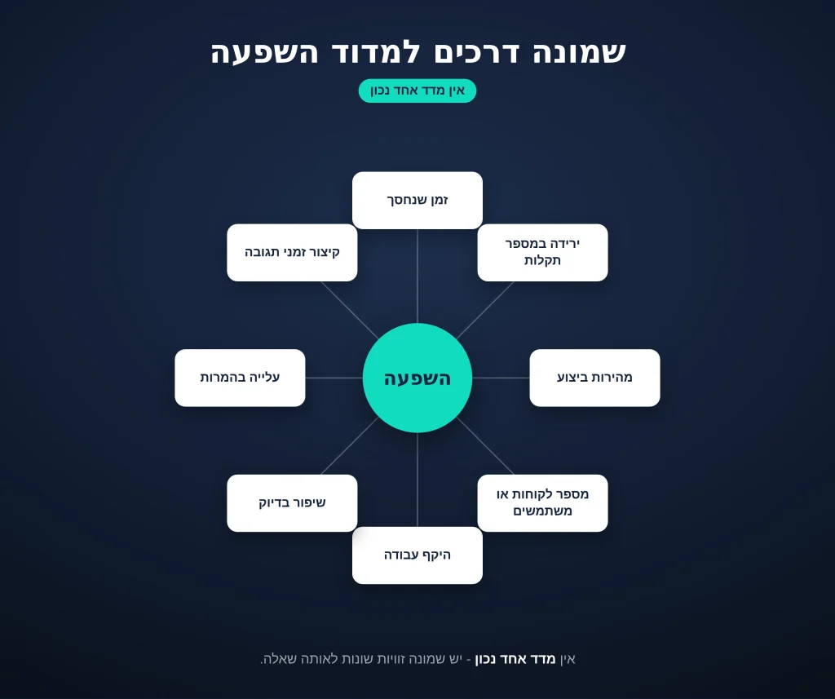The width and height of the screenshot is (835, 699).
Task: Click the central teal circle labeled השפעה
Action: click(417, 378)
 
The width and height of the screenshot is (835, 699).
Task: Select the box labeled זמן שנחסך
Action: click(417, 201)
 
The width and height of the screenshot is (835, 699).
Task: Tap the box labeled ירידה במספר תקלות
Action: click(542, 253)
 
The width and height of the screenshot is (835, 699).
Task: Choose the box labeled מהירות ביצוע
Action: click(594, 378)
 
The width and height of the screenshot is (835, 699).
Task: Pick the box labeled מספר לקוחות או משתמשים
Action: click(542, 503)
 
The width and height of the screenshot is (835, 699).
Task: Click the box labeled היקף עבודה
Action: click(417, 555)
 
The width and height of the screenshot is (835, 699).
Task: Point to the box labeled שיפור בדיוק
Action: click(293, 503)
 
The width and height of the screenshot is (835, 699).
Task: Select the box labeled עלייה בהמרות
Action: click(241, 378)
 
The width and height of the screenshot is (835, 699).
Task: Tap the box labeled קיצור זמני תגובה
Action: click(293, 253)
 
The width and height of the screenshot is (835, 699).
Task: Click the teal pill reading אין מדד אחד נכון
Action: click(417, 91)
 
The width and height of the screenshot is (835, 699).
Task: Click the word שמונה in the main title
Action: click(580, 52)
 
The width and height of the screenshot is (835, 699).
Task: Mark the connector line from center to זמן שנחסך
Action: click(417, 276)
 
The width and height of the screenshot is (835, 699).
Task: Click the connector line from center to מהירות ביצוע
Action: click(501, 378)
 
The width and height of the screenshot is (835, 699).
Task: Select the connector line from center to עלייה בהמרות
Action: click(334, 378)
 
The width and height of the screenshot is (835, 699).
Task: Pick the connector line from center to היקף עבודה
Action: click(417, 480)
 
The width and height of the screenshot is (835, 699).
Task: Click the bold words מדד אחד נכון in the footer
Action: click(515, 659)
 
